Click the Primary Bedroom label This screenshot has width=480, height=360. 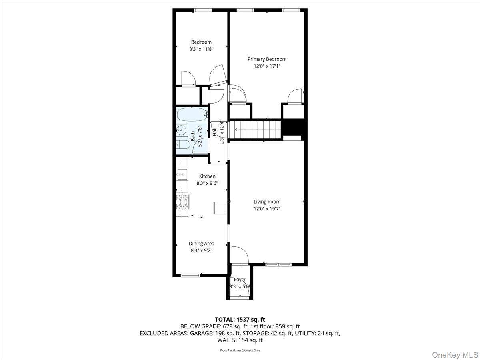(267, 59)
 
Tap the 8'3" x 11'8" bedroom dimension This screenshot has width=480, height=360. (201, 49)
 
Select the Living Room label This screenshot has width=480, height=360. (267, 202)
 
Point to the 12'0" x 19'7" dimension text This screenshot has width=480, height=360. (267, 209)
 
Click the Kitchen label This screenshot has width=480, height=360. (207, 176)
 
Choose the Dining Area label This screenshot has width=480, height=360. (202, 244)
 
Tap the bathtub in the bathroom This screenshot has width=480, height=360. (192, 115)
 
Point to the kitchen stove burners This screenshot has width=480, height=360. (182, 202)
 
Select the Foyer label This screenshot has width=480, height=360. (240, 280)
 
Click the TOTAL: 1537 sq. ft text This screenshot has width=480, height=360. (240, 319)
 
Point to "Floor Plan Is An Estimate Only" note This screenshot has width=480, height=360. (240, 350)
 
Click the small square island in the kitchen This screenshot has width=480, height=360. (220, 208)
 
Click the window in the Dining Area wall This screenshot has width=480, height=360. (190, 275)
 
